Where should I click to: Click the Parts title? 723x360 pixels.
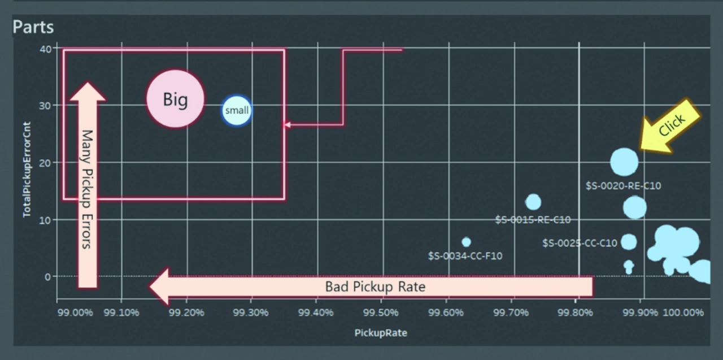pos(33,27)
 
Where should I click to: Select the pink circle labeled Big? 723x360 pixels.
pos(175,99)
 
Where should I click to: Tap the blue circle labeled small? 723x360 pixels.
pos(237,110)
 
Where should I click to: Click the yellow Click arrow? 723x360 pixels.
pos(670,125)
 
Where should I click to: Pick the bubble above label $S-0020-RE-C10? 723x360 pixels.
pos(624,162)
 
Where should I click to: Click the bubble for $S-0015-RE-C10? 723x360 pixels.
pos(533,202)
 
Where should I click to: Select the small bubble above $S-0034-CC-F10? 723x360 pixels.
pos(466,242)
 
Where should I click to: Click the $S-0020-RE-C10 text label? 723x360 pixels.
pos(623,185)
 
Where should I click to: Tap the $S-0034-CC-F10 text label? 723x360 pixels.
pos(465,256)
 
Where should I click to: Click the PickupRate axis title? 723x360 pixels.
pos(381,333)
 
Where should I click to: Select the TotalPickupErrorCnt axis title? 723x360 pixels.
pos(27,163)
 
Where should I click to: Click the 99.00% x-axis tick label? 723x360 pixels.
pos(75,313)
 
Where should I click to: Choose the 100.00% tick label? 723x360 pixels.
pos(682,313)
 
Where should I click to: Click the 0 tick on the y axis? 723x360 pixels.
pos(47,276)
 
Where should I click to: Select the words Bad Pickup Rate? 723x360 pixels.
pos(375,287)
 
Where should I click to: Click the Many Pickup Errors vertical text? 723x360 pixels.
pos(87,189)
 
